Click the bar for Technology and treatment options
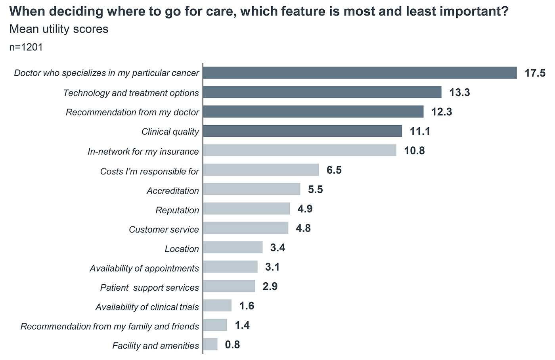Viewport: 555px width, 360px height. [322, 92]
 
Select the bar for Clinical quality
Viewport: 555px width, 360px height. [302, 131]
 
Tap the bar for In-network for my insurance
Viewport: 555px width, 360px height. [299, 151]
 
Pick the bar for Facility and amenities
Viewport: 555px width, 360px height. [210, 345]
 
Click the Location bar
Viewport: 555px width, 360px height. [233, 248]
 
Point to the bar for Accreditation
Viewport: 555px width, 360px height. [251, 190]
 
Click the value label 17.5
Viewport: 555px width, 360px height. [535, 73]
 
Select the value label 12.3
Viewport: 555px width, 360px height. [441, 112]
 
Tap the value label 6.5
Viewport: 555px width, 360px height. [334, 170]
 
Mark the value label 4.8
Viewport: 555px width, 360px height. [303, 229]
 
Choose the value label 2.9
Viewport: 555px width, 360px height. [270, 287]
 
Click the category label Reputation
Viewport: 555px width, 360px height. [177, 210]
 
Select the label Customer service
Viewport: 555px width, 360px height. [164, 230]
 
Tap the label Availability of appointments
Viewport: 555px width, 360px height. [144, 268]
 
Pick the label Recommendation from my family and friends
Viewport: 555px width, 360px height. [110, 326]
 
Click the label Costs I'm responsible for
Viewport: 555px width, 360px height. [149, 171]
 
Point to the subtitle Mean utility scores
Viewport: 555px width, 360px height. [59, 29]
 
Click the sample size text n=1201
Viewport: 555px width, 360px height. [26, 47]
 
